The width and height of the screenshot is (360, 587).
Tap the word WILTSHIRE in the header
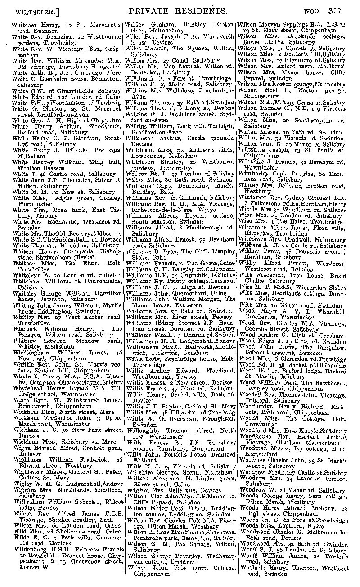click(x=31, y=9)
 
